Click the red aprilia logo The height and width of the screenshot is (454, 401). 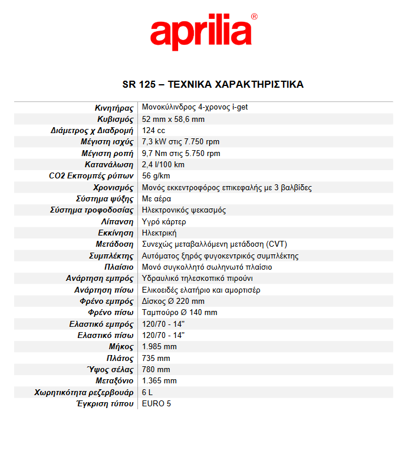point(200,34)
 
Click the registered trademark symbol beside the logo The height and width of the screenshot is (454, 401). point(254,17)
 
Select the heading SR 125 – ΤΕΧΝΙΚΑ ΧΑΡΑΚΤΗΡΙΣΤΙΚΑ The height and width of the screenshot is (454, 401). point(213,84)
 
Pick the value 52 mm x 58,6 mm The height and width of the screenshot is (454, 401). point(173,119)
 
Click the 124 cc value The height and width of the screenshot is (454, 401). point(154,130)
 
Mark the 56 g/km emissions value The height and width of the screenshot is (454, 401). point(156,176)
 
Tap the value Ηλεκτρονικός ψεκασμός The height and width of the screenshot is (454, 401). point(184,210)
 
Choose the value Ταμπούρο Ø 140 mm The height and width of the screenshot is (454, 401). point(179,312)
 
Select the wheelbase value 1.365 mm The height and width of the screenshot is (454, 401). point(159,380)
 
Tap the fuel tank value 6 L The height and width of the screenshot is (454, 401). point(147,392)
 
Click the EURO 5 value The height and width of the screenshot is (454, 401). point(156,403)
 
